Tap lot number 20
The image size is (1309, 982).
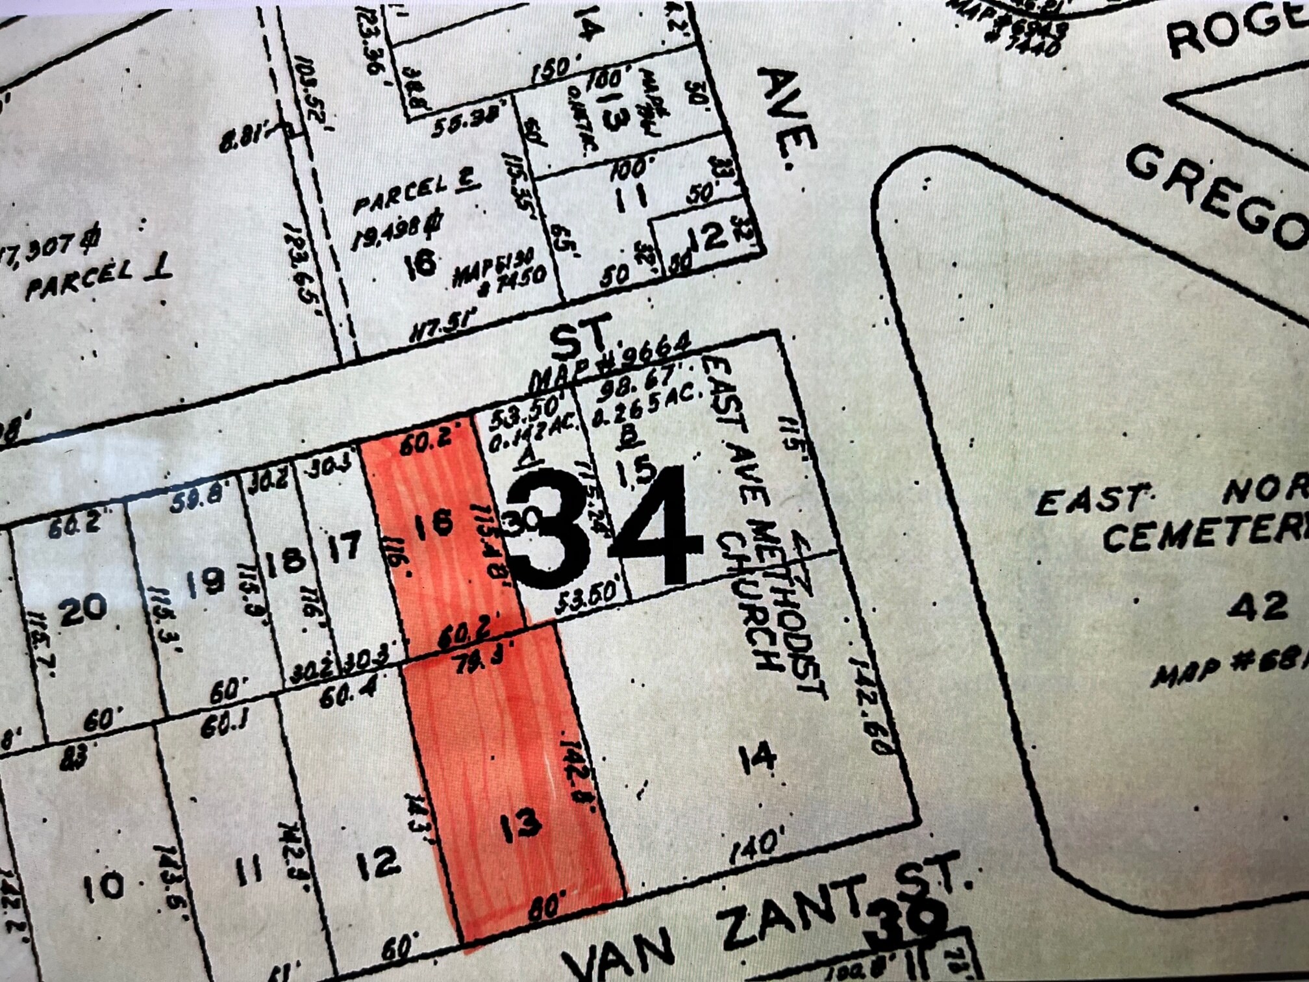coord(82,608)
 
